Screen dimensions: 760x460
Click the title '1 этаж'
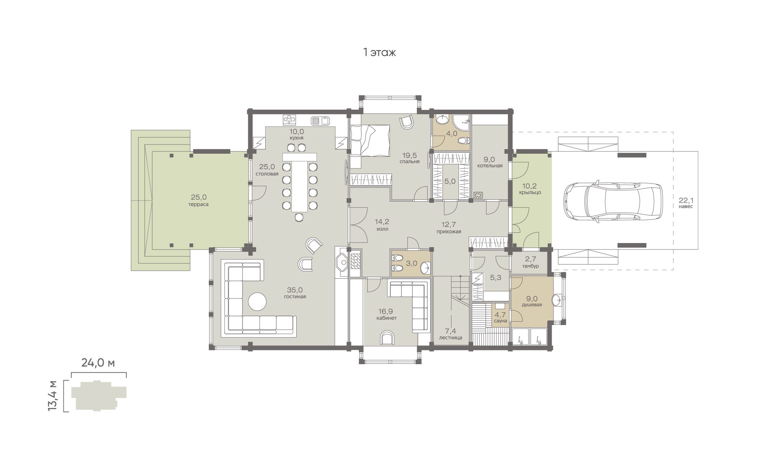tap(380, 53)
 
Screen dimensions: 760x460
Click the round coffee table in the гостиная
tap(257, 302)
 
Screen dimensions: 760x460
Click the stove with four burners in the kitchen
tap(289, 120)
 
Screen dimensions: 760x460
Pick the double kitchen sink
tap(321, 121)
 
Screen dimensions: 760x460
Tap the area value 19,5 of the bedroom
tap(410, 155)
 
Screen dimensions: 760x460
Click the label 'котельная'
tap(490, 166)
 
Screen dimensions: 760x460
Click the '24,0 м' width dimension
tap(98, 363)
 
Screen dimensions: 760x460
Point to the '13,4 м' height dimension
tap(52, 396)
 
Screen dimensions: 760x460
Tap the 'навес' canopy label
tap(686, 206)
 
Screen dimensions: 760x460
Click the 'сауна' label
tap(501, 321)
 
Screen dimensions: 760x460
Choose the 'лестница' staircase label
tap(451, 338)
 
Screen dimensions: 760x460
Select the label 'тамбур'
tap(531, 266)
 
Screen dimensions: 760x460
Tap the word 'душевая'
tap(532, 305)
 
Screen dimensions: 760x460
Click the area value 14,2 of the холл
tap(382, 222)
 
